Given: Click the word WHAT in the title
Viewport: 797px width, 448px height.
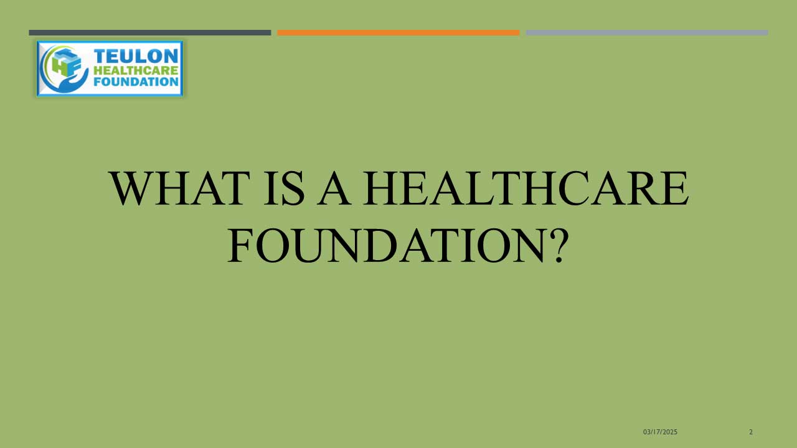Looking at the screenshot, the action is tap(180, 188).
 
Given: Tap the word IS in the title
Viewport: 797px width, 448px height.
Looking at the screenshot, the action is tap(284, 188).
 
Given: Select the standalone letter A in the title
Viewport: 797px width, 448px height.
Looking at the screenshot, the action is tap(334, 188).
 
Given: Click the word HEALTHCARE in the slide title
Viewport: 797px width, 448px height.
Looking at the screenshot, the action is tap(526, 188).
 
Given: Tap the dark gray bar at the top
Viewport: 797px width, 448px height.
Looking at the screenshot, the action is tap(150, 33).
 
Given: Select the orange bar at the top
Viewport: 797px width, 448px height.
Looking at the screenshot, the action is tap(398, 33).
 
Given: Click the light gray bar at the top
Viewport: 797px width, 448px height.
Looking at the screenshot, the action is tap(647, 33).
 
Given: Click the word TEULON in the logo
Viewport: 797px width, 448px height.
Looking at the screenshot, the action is tap(136, 56).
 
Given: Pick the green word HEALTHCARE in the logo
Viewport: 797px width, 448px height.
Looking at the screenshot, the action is tap(136, 70).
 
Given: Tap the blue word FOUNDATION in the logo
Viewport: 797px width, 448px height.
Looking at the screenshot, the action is tap(136, 82).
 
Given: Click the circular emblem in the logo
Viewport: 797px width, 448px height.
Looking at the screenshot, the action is tap(64, 69).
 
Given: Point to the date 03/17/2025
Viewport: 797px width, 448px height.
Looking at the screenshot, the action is tap(660, 432).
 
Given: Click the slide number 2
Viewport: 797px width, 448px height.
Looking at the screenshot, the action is tap(751, 432).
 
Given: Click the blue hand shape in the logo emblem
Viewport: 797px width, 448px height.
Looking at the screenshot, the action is tap(71, 83).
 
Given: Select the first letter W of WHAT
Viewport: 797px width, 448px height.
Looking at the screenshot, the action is tap(130, 189).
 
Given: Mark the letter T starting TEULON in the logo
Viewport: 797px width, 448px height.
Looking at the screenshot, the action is tap(100, 56).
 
